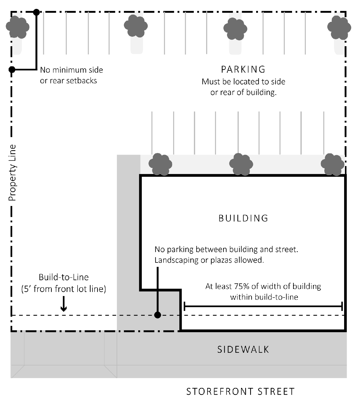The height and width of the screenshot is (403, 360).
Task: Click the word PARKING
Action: coord(243,70)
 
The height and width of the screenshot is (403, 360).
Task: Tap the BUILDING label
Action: coord(243,218)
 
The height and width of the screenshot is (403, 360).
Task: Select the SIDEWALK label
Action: coord(243,349)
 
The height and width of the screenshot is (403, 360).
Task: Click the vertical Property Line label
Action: coord(12,173)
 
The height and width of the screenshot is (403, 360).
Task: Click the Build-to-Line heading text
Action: coord(64,277)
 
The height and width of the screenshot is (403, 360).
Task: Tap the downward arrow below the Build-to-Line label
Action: coord(64,305)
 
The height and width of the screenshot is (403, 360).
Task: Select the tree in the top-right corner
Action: coord(339,27)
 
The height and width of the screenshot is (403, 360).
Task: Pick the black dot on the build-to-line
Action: coord(157,315)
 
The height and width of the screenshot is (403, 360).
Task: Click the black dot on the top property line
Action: coord(36,12)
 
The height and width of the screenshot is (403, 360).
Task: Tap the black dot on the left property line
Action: coord(12,70)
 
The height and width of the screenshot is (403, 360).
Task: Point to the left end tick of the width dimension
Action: coord(185,306)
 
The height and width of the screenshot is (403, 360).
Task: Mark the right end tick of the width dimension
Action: coord(342,306)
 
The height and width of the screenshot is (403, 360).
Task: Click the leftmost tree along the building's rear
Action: coord(160,164)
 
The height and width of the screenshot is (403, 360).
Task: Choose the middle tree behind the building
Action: coord(241,164)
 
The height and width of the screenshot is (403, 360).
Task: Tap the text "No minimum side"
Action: coord(72,70)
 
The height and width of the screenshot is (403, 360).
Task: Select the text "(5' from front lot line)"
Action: coord(64,289)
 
